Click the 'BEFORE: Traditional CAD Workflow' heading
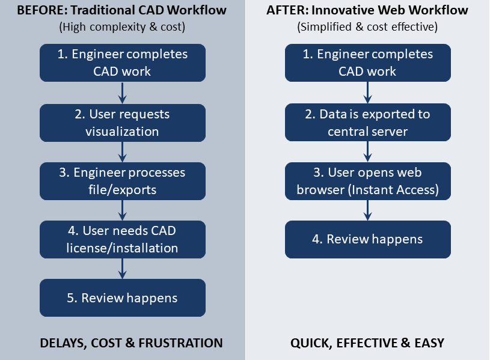pos(122,10)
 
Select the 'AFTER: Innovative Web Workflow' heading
pos(367,10)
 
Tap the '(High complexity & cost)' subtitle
pos(122,27)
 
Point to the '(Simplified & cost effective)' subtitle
pos(367,27)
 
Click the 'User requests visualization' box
pos(123,123)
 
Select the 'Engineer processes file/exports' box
pos(123,181)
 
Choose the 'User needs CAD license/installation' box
pos(123,239)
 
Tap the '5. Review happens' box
pos(123,297)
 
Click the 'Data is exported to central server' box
pos(367,123)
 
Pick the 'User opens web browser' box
pos(367,181)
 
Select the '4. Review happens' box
pos(367,239)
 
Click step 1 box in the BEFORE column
pos(123,63)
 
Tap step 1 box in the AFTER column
pos(367,63)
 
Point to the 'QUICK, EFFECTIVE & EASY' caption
pos(367,343)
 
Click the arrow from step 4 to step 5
pos(123,268)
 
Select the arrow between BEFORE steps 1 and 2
pos(123,93)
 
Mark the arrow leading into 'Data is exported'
pos(367,93)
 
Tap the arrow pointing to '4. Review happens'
pos(367,210)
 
